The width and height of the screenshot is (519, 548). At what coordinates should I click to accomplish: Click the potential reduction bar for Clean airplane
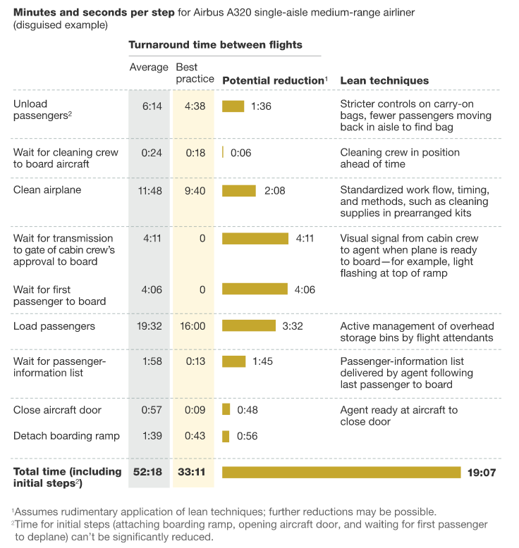239,191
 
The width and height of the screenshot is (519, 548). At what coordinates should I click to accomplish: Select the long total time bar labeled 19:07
341,472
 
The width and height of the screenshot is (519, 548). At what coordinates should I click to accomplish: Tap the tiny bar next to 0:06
223,152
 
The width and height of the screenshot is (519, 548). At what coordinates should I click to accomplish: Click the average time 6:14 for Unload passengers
152,106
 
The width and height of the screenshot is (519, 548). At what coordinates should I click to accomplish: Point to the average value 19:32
149,326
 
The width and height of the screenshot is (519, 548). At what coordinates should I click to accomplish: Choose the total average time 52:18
148,472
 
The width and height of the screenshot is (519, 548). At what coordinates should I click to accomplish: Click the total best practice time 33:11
191,472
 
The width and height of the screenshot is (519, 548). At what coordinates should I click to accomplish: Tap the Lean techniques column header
384,80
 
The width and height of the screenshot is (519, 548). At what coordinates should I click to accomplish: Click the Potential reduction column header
273,80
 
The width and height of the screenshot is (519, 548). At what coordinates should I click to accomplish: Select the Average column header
149,68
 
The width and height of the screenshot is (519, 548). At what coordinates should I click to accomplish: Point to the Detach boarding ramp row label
61,436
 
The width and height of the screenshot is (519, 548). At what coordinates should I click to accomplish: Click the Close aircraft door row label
57,410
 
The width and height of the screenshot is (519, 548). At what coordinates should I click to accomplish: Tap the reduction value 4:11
305,238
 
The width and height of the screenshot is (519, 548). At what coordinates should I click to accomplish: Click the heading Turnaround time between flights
215,45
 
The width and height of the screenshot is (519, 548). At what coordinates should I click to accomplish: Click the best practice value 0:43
194,436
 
